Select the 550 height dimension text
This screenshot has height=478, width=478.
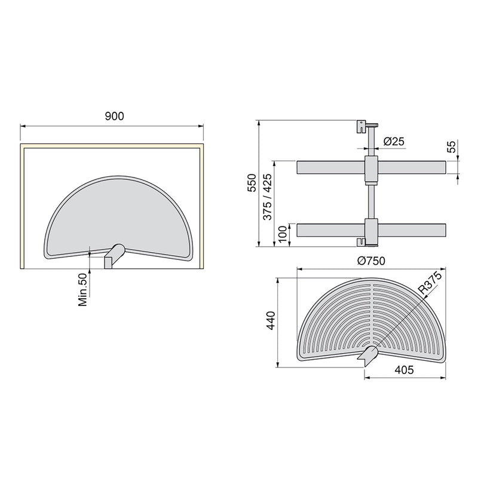(x=252, y=183)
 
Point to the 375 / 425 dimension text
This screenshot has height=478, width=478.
(x=267, y=201)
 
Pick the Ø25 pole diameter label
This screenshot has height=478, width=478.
(x=394, y=141)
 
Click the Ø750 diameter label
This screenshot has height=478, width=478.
(x=371, y=261)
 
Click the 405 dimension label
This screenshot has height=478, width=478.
(x=403, y=370)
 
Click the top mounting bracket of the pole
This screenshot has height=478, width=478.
(x=362, y=127)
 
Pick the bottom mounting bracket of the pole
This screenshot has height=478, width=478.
(x=363, y=242)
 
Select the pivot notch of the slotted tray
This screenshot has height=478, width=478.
(x=367, y=356)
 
